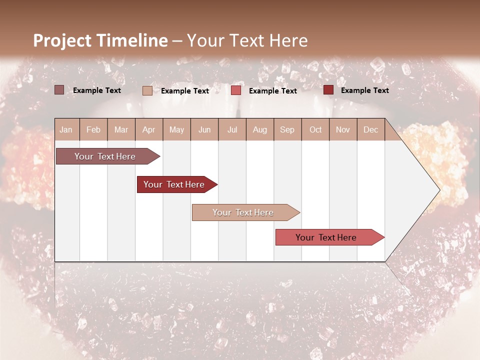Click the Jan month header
(x=66, y=129)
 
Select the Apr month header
(x=149, y=129)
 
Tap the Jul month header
(x=232, y=129)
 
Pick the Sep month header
(x=287, y=129)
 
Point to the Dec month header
(x=370, y=129)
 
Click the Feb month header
(x=93, y=129)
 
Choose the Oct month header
(x=315, y=129)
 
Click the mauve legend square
(x=59, y=90)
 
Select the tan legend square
(x=147, y=90)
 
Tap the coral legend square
(x=236, y=90)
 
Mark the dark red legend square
(x=328, y=90)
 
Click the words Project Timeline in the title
(x=100, y=40)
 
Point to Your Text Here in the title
(x=247, y=40)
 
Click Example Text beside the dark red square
(x=364, y=90)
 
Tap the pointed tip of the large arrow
(x=438, y=190)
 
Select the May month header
(x=176, y=129)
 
